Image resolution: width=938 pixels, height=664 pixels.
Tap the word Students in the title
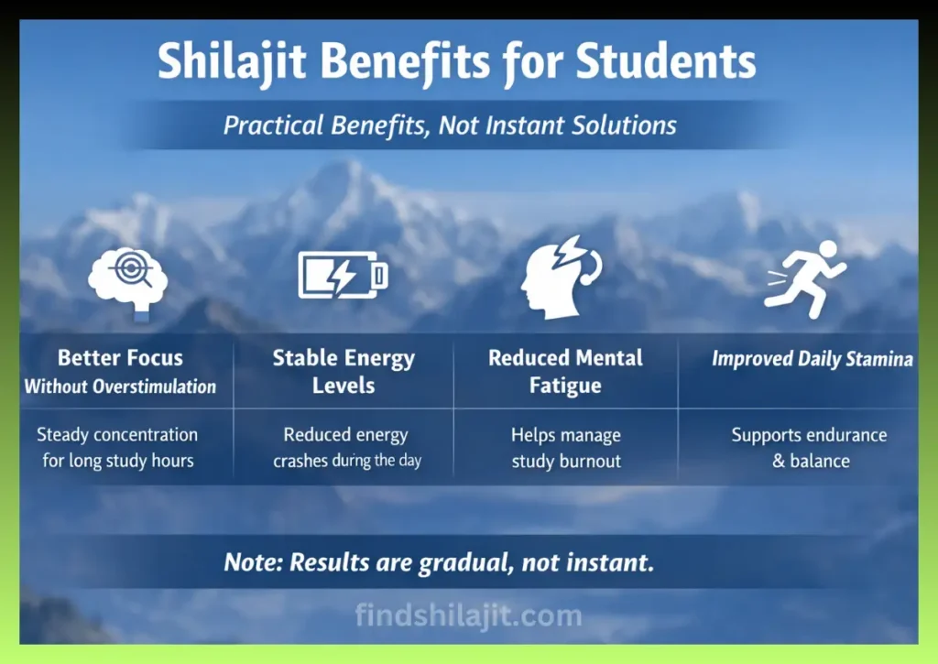tap(666, 62)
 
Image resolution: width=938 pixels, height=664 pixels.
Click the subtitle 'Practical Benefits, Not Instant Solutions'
tap(450, 125)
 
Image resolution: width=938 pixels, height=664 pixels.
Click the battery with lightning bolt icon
tap(343, 275)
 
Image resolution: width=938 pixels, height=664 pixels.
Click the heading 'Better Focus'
tap(120, 358)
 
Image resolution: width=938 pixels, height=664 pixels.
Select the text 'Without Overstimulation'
tap(120, 386)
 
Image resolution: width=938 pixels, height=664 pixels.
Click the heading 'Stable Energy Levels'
tap(343, 371)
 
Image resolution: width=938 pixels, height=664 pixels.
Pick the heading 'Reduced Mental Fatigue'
tap(565, 371)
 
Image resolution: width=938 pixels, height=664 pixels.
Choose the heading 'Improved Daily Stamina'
tap(812, 359)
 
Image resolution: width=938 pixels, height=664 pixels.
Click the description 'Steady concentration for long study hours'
tap(118, 447)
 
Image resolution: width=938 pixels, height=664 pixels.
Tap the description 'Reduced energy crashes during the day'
tap(346, 448)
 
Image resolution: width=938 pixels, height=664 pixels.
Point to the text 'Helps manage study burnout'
tap(565, 448)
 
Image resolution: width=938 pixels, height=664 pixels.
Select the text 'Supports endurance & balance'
tap(809, 448)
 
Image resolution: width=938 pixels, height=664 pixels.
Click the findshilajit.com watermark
tap(468, 615)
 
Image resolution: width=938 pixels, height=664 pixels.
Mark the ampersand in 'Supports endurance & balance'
tap(779, 461)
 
